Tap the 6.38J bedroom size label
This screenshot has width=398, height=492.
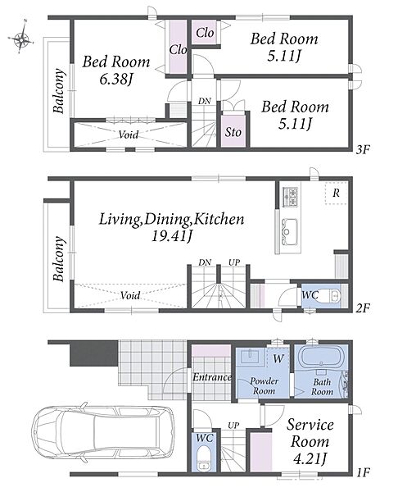click(115, 80)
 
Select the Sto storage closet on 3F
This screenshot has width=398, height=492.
click(233, 132)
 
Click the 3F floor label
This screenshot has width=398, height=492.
click(363, 150)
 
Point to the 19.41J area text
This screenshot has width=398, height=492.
click(171, 236)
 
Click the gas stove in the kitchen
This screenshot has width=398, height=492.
click(291, 197)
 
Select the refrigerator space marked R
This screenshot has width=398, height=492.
click(336, 193)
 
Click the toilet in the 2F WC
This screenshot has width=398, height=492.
click(330, 295)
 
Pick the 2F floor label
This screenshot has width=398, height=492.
click(363, 308)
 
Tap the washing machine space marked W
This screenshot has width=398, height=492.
click(278, 358)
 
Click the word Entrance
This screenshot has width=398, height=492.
click(212, 377)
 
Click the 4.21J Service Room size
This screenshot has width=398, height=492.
click(310, 459)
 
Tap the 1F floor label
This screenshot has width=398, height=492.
click(364, 472)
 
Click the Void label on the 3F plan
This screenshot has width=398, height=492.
click(129, 134)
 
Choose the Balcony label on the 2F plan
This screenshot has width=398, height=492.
click(59, 259)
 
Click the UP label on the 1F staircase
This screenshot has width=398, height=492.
click(233, 426)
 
